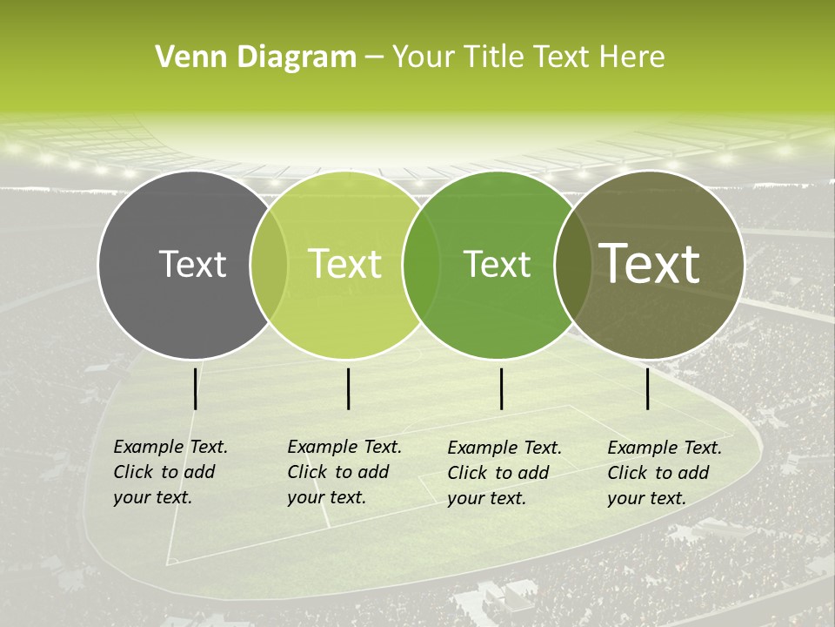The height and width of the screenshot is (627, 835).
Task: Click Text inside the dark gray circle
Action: pos(193,264)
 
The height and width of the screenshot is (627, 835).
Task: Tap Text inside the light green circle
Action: pos(345,264)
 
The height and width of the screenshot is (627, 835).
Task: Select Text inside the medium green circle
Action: pos(498,265)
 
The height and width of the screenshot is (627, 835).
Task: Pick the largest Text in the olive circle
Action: pos(650,263)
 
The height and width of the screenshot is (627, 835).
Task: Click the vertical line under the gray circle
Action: pos(196,388)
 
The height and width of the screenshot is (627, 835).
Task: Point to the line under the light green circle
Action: pos(348,388)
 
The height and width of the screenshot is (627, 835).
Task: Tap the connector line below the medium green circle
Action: pos(502,388)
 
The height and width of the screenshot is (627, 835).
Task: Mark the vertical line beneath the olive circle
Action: pos(648,388)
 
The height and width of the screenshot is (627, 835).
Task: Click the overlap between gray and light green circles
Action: pos(269,264)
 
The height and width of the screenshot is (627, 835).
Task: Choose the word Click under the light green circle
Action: pos(307,472)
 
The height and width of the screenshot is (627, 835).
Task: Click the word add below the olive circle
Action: pos(694,473)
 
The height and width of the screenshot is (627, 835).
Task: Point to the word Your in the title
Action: pos(424,57)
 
